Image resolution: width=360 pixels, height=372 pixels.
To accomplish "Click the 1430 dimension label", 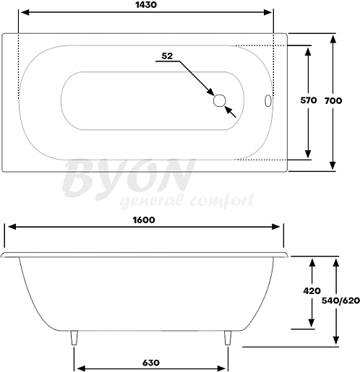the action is click(x=146, y=5).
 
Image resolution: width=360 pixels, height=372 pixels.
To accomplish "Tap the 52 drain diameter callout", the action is click(x=167, y=56).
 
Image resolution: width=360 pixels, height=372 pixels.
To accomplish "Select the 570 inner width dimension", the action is click(x=309, y=100).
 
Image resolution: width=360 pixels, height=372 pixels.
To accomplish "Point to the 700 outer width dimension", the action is click(x=333, y=100).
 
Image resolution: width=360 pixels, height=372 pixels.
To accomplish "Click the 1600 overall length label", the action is click(x=144, y=220).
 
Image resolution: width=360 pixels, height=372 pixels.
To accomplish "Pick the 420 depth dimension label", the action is click(x=312, y=291).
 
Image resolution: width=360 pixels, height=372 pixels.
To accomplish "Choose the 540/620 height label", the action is click(x=340, y=300).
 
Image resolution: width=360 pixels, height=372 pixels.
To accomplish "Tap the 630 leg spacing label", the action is click(x=151, y=363).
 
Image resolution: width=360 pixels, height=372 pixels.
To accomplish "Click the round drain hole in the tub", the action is click(x=220, y=100).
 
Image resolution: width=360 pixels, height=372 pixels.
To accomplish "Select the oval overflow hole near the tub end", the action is click(x=268, y=100).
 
